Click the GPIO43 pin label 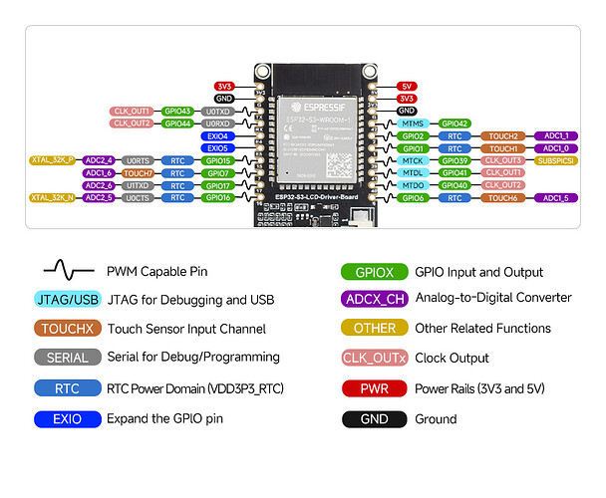tap(178, 111)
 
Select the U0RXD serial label tap(217, 124)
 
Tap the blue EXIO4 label tap(217, 135)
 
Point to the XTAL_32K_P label tap(53, 159)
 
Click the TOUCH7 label tap(138, 172)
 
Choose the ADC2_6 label tap(98, 185)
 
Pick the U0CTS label tap(138, 197)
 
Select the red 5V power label tap(406, 87)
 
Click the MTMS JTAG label tap(413, 124)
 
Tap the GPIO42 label tap(454, 124)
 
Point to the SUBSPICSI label tap(555, 159)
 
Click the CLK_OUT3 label tap(504, 159)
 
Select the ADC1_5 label tap(555, 197)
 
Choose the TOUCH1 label tap(504, 147)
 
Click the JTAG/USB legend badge tap(67, 299)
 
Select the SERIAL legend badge tap(67, 358)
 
